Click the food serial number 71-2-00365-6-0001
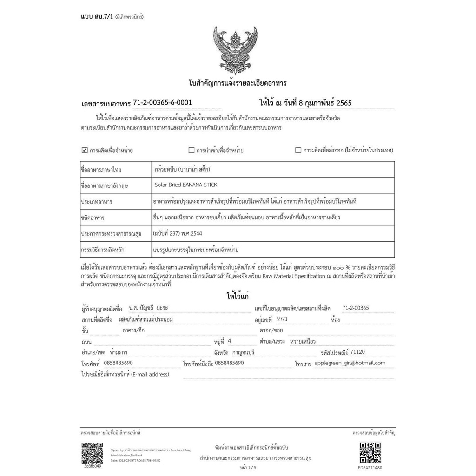coord(162,102)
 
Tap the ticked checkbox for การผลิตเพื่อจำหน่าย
coord(85,150)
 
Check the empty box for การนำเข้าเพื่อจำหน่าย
coord(192,150)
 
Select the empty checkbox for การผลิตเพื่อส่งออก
coord(298,150)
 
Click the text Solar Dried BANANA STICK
coord(185,185)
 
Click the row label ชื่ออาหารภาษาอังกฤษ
coord(105,185)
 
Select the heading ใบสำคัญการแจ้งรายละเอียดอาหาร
coord(238,83)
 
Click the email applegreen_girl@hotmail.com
coord(350,363)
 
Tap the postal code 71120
coord(358,352)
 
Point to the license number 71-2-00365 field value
coord(355,308)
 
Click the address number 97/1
coord(282,319)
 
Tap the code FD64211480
coord(370,468)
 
